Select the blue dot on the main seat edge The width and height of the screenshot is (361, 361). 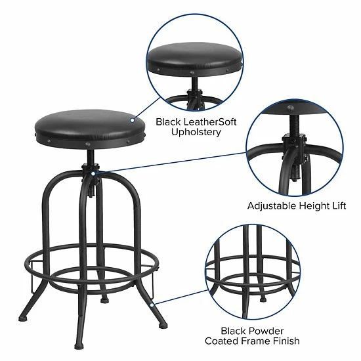pos(132,120)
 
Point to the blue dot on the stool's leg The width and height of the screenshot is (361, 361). pos(151,304)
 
